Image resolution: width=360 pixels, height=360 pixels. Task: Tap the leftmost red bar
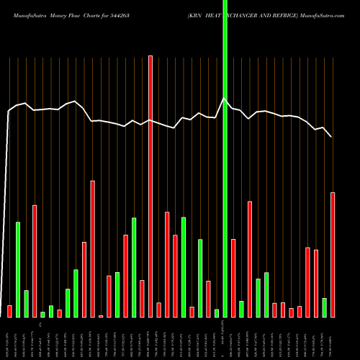(x=9, y=311)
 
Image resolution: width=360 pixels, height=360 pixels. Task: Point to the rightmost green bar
(x=325, y=307)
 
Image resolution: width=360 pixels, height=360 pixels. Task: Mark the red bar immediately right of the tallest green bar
(x=233, y=278)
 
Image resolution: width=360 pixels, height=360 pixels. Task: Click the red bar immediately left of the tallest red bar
(x=142, y=298)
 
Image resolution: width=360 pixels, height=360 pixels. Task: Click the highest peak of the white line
(x=225, y=99)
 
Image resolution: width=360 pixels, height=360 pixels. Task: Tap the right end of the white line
(x=332, y=137)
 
